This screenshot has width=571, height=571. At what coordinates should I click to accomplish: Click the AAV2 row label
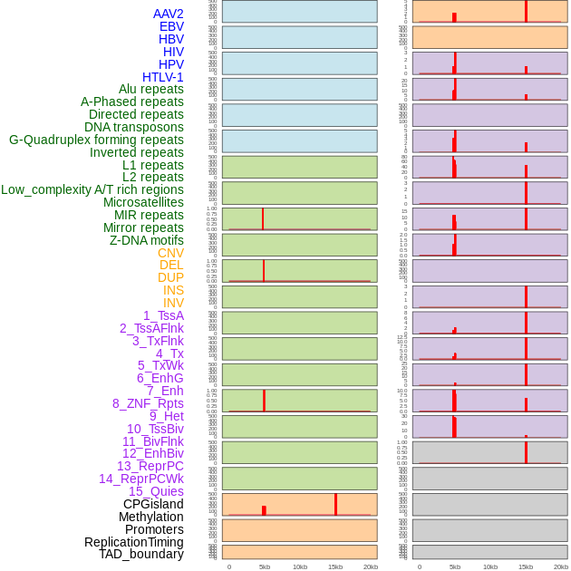click(x=169, y=14)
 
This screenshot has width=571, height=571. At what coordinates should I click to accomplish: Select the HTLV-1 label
click(x=163, y=77)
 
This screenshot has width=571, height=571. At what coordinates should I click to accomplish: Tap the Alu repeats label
click(x=151, y=89)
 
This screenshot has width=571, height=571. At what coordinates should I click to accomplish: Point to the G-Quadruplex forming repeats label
click(x=96, y=140)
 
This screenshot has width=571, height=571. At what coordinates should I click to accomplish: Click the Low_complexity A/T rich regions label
click(x=92, y=189)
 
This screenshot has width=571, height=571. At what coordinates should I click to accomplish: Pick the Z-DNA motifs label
click(x=147, y=240)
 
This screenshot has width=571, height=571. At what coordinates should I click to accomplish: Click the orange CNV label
click(x=170, y=253)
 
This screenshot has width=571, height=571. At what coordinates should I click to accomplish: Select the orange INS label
click(x=173, y=290)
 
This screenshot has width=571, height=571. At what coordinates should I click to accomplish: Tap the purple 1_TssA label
click(x=163, y=315)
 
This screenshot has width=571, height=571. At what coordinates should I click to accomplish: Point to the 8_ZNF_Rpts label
click(x=148, y=403)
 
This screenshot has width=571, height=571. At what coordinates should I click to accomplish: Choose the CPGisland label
click(x=153, y=504)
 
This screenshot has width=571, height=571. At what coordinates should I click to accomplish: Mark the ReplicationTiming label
click(x=134, y=542)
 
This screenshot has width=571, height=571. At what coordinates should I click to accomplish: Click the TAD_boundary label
click(x=141, y=554)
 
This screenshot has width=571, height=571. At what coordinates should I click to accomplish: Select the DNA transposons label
click(x=134, y=127)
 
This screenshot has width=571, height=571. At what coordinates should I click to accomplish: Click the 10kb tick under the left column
click(x=300, y=566)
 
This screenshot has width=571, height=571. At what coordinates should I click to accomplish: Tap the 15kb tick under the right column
click(x=526, y=566)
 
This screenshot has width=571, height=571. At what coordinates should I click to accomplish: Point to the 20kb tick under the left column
click(x=371, y=566)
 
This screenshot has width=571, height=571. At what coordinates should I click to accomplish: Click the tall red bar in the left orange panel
click(x=335, y=504)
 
